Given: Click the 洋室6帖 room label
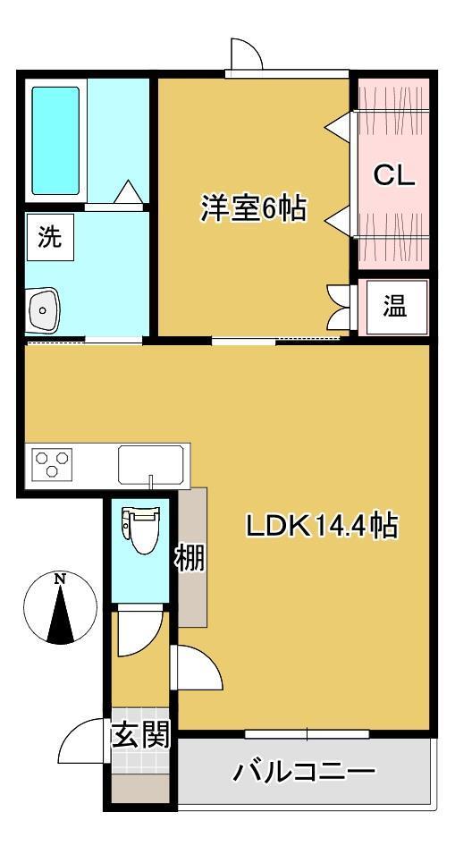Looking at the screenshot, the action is (254, 208).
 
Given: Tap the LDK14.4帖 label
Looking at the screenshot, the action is (322, 526).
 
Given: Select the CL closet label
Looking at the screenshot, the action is (394, 175).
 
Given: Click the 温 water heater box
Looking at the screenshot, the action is (395, 307).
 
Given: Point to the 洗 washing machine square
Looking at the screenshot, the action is (49, 237).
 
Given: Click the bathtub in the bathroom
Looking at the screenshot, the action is (55, 140).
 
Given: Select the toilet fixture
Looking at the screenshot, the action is (140, 530).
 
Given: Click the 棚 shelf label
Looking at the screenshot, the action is (190, 559).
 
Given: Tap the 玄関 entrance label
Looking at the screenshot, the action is (140, 734).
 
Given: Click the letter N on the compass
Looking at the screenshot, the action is (60, 580).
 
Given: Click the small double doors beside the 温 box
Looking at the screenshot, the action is (339, 306).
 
